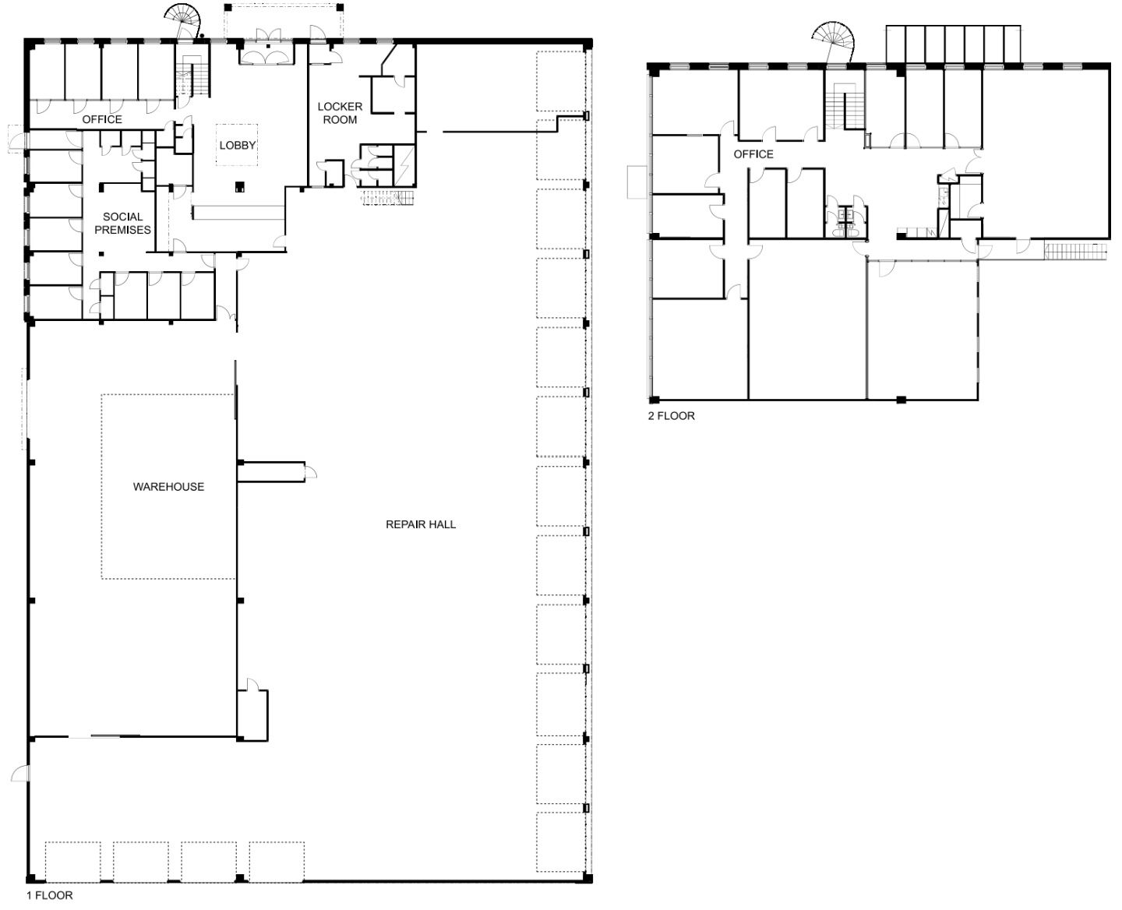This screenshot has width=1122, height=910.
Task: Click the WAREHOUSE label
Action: coord(168,487)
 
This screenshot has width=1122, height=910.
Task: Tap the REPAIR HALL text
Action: coord(420,524)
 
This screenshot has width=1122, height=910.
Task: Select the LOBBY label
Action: coord(238,146)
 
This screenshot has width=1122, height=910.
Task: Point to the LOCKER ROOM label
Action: coord(340,113)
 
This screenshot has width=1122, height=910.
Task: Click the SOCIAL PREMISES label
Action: coord(123,224)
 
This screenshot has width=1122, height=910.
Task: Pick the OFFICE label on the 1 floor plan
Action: coord(102,119)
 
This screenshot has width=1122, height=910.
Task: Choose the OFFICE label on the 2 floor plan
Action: coord(753,154)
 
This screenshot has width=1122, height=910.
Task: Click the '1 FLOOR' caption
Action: coord(50,895)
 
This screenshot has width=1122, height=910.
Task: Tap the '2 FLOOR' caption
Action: coord(671,416)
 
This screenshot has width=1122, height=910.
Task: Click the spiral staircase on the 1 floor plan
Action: coord(184,21)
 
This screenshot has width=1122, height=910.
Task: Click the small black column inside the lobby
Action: coord(240,186)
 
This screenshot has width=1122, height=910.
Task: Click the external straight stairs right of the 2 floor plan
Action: coord(1076,251)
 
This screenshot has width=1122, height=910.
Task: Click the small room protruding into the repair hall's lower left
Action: coord(252,715)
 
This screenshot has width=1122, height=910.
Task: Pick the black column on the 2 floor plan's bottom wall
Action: coord(901,400)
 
